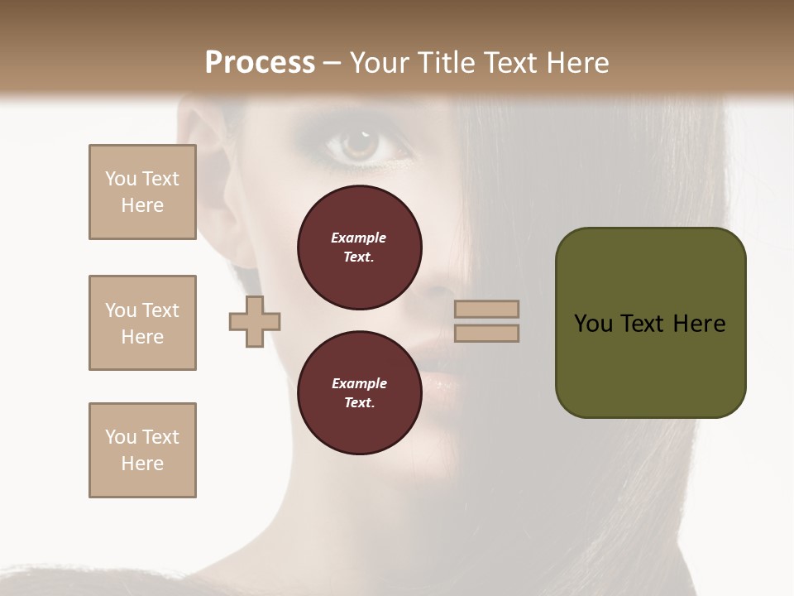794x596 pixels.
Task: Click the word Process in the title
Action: pyautogui.click(x=260, y=63)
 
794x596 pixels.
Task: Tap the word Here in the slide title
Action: pyautogui.click(x=576, y=63)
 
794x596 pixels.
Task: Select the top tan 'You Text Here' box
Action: pyautogui.click(x=142, y=192)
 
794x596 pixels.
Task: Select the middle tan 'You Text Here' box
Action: pyautogui.click(x=142, y=323)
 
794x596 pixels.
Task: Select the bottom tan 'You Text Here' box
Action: pyautogui.click(x=142, y=450)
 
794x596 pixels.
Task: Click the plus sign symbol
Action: pyautogui.click(x=255, y=321)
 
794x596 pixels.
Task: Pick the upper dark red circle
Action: pyautogui.click(x=360, y=248)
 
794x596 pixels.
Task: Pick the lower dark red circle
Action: pyautogui.click(x=360, y=392)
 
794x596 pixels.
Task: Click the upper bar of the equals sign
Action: pyautogui.click(x=487, y=309)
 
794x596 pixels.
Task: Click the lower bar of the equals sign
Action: pyautogui.click(x=487, y=334)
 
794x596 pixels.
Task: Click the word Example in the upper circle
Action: pyautogui.click(x=359, y=238)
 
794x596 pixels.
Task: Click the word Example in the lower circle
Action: pyautogui.click(x=359, y=383)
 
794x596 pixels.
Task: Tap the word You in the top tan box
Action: pyautogui.click(x=120, y=179)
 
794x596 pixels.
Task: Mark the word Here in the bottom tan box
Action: pyautogui.click(x=142, y=464)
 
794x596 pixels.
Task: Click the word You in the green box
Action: pyautogui.click(x=593, y=324)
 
